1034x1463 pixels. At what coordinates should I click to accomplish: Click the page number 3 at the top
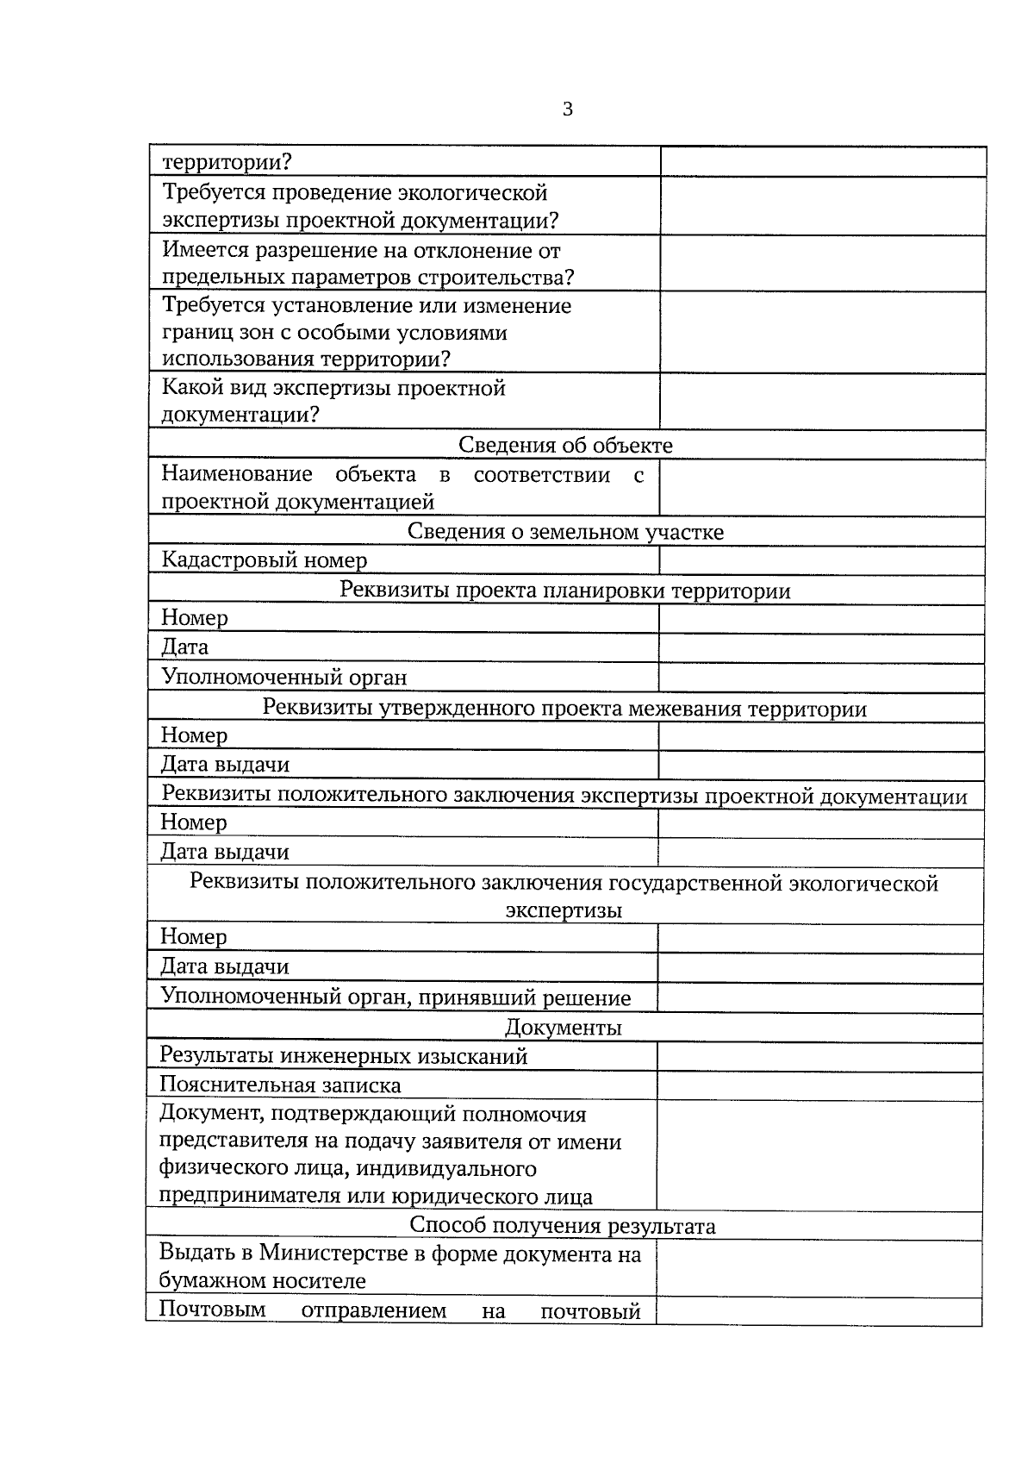[567, 109]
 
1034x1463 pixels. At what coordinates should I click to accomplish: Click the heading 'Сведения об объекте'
[565, 445]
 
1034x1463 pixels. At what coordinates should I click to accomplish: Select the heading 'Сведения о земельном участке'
[565, 531]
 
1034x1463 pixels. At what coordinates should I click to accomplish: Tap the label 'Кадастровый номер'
[265, 560]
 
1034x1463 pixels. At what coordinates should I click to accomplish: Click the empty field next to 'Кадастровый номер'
[821, 560]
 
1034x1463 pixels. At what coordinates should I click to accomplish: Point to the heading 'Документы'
[564, 1027]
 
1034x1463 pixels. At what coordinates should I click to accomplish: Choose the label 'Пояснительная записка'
[280, 1085]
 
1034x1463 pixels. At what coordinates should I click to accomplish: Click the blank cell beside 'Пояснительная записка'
[819, 1085]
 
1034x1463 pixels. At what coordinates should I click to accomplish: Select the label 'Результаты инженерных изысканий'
[344, 1056]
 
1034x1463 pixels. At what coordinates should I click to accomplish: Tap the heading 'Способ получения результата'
[563, 1225]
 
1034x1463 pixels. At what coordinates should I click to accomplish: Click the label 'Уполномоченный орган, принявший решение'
[396, 997]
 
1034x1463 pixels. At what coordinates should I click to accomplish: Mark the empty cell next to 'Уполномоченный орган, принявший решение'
[819, 997]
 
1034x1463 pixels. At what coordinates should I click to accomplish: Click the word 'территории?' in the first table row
[227, 162]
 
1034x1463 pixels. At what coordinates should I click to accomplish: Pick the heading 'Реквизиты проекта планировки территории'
[565, 591]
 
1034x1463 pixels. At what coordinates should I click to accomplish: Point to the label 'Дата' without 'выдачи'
[184, 647]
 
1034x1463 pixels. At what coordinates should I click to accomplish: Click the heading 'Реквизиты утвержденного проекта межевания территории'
[564, 709]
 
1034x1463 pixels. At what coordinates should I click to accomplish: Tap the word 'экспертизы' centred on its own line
[564, 910]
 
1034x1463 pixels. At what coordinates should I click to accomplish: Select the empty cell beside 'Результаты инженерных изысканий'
[819, 1056]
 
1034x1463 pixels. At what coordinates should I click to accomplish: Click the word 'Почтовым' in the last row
[212, 1310]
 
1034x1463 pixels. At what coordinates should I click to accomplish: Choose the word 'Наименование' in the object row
[237, 474]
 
